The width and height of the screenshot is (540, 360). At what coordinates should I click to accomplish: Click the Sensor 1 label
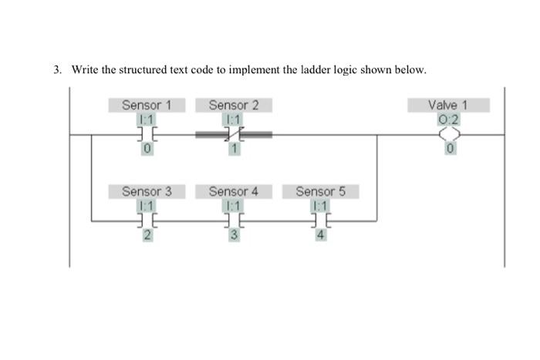point(147,105)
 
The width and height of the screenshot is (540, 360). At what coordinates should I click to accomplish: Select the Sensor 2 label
point(233,105)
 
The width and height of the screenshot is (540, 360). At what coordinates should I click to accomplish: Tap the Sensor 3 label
point(147,190)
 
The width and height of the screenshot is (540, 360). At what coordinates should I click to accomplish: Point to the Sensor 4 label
point(233,190)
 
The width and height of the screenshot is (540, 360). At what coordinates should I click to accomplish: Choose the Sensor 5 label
point(320,190)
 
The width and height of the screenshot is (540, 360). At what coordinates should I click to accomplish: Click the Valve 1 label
point(448,105)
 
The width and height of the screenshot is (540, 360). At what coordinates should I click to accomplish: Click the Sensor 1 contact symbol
point(147,134)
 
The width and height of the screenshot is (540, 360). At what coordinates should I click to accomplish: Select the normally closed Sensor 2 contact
point(234,134)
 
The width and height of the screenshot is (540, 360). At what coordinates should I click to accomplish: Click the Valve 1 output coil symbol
point(448,134)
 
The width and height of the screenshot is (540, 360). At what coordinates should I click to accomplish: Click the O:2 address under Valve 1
point(448,119)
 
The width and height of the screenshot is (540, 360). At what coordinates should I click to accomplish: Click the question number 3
point(58,70)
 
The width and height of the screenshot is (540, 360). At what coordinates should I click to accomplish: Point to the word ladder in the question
point(308,70)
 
